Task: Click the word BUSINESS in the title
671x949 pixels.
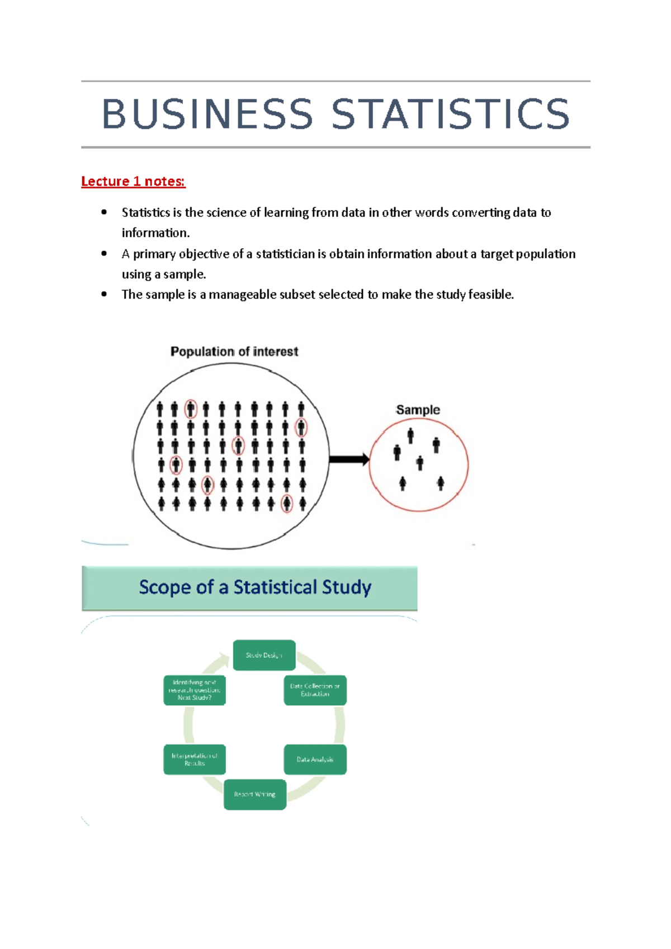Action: (x=207, y=114)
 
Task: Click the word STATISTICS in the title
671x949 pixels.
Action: (x=450, y=114)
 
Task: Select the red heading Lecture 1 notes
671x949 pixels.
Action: (x=133, y=182)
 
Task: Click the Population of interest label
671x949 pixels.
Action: (x=234, y=352)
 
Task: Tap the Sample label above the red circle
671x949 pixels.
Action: (x=418, y=410)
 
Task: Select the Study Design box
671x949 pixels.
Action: (x=264, y=655)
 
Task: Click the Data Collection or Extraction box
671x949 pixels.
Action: (x=315, y=690)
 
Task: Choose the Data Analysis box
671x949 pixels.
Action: (x=315, y=760)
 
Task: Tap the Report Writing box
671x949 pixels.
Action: (x=255, y=794)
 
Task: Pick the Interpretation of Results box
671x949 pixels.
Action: (x=195, y=760)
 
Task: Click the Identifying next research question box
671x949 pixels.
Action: (x=195, y=690)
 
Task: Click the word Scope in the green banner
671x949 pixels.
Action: (x=157, y=587)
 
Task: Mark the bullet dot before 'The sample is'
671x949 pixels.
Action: (x=104, y=295)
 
